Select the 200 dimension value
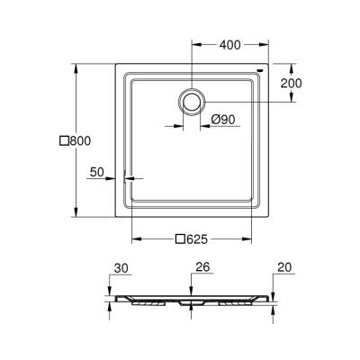point(291,83)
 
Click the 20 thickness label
point(285,267)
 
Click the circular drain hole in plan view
point(192,101)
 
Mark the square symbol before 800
point(64,140)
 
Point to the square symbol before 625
point(179,239)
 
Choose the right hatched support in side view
point(236,302)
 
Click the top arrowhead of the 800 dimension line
point(75,66)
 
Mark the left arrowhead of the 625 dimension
point(136,239)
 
